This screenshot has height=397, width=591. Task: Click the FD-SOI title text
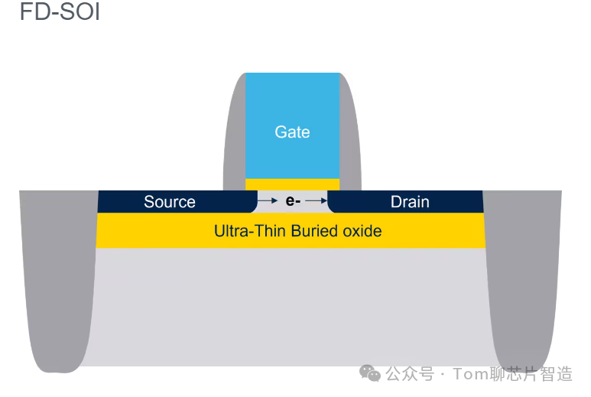pos(60,11)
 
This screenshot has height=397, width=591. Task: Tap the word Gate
pos(292,132)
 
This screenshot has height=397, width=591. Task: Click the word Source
pos(170,202)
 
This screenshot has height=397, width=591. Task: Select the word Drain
pos(410,202)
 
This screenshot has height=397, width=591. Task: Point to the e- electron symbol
pos(293,201)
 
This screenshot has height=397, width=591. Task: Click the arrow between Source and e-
pos(268,200)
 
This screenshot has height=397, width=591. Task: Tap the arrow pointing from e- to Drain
pos(316,200)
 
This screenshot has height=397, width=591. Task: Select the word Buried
pos(314,231)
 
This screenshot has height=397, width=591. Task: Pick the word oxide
pos(362,231)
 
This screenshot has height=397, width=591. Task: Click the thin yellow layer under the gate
pos(292,184)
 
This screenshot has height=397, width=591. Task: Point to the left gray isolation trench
pos(57,279)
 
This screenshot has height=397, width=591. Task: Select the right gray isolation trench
pos(524,279)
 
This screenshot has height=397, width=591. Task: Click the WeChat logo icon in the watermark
pos(370,373)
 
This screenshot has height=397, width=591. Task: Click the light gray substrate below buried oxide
pos(291,307)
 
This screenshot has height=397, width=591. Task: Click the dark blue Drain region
pos(405,202)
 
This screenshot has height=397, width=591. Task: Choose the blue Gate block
pos(292,125)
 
